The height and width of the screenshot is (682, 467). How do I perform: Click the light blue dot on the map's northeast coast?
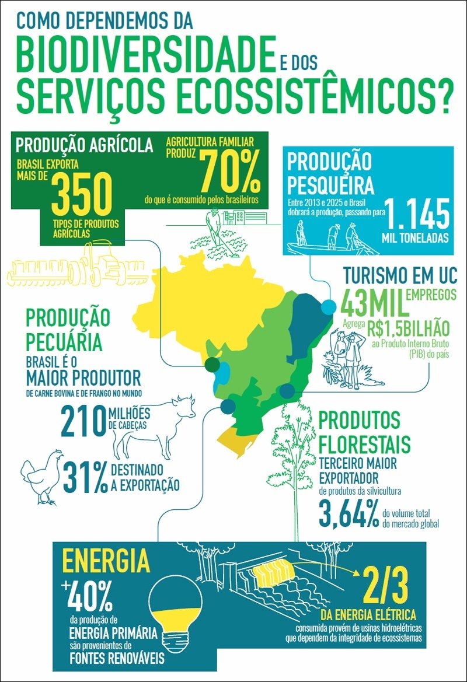click(329, 306)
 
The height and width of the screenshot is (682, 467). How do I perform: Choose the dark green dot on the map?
click(212, 365)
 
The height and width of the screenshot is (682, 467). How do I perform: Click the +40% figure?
click(88, 597)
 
